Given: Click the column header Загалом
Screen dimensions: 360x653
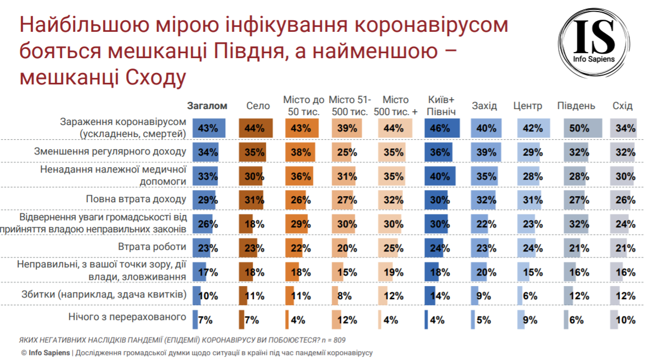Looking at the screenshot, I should [x=207, y=106].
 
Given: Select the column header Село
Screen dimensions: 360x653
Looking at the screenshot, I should [x=258, y=106].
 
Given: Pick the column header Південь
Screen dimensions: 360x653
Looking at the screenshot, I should [x=576, y=106].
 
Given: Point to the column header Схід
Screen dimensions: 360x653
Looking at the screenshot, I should [x=622, y=106].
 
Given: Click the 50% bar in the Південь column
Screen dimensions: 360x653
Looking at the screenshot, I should [x=582, y=128].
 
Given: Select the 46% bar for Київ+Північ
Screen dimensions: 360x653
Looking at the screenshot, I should [x=442, y=128].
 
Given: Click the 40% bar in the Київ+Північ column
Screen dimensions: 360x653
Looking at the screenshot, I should [x=440, y=176].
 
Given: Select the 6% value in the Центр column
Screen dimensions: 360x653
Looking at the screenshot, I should [x=530, y=295].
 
